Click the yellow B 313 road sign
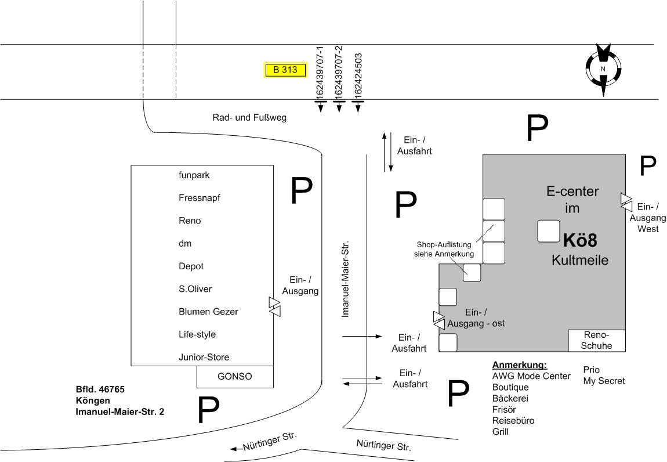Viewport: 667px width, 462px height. [285, 70]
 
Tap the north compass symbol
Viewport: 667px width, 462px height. [603, 69]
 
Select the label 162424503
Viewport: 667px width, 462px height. [358, 75]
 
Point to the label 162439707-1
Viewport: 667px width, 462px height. [320, 72]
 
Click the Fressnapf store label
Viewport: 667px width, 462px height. [200, 198]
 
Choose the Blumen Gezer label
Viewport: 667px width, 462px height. [208, 312]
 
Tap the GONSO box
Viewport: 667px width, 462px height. [235, 376]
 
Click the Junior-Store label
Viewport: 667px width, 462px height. [208, 358]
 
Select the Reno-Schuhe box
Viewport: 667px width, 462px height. [596, 341]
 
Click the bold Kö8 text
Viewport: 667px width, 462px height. [580, 240]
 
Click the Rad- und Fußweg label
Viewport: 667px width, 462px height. [249, 118]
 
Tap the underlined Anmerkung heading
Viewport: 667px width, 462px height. [520, 365]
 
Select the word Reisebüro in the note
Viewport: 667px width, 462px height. [513, 421]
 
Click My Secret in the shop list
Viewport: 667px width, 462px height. [604, 381]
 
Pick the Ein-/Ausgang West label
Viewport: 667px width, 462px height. [648, 218]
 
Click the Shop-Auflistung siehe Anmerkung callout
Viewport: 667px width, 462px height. [444, 249]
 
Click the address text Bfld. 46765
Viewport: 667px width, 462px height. [100, 389]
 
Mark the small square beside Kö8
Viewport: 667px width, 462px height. [548, 231]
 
